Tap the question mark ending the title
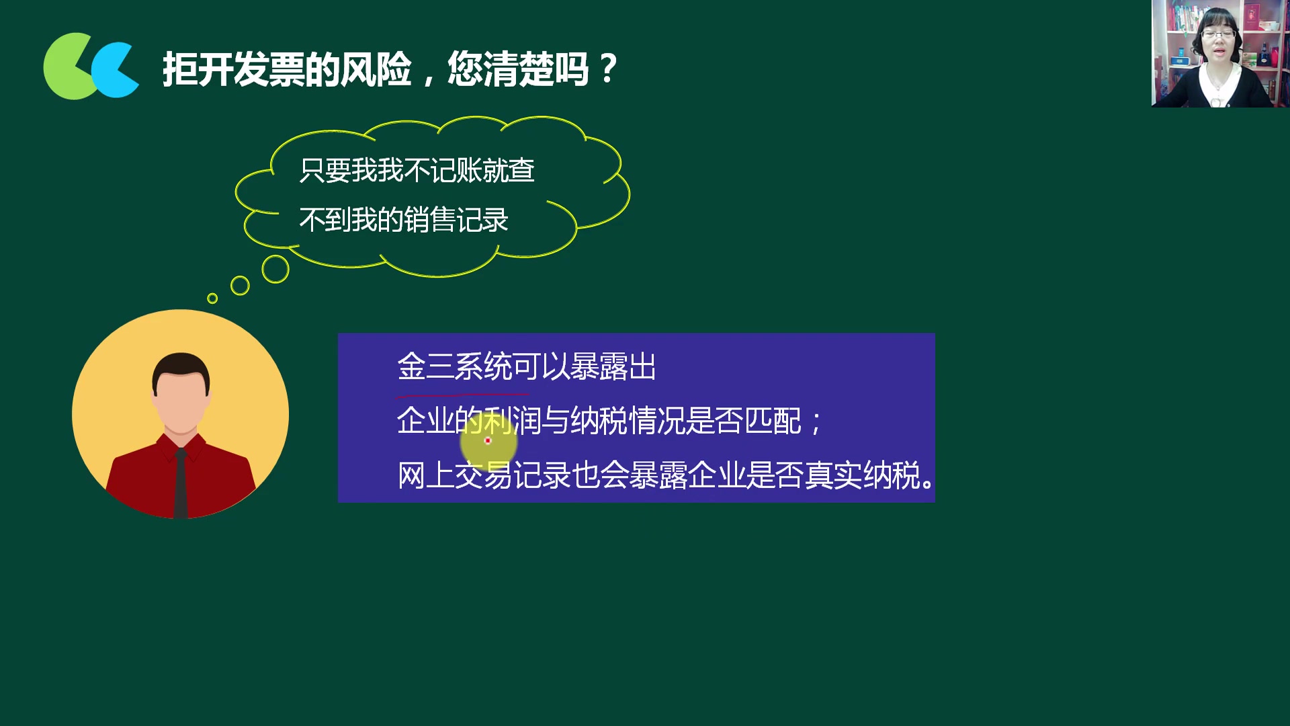(608, 69)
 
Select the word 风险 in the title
(376, 69)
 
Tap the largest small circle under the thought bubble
(275, 269)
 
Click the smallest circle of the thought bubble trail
(212, 298)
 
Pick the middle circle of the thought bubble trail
(240, 286)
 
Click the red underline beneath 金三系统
(462, 395)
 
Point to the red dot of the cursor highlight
(488, 441)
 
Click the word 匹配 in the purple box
(773, 421)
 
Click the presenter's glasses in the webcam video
(1218, 34)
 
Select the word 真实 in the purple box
(833, 476)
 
